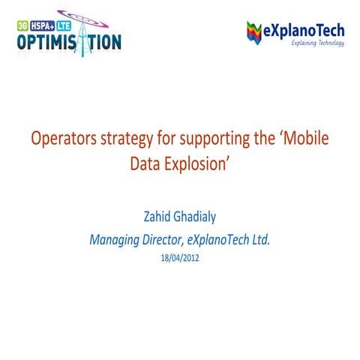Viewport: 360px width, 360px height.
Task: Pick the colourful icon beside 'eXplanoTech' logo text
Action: point(256,33)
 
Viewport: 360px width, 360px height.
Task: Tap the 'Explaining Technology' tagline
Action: point(317,43)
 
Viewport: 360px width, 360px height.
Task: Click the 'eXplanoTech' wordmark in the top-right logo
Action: point(304,30)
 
